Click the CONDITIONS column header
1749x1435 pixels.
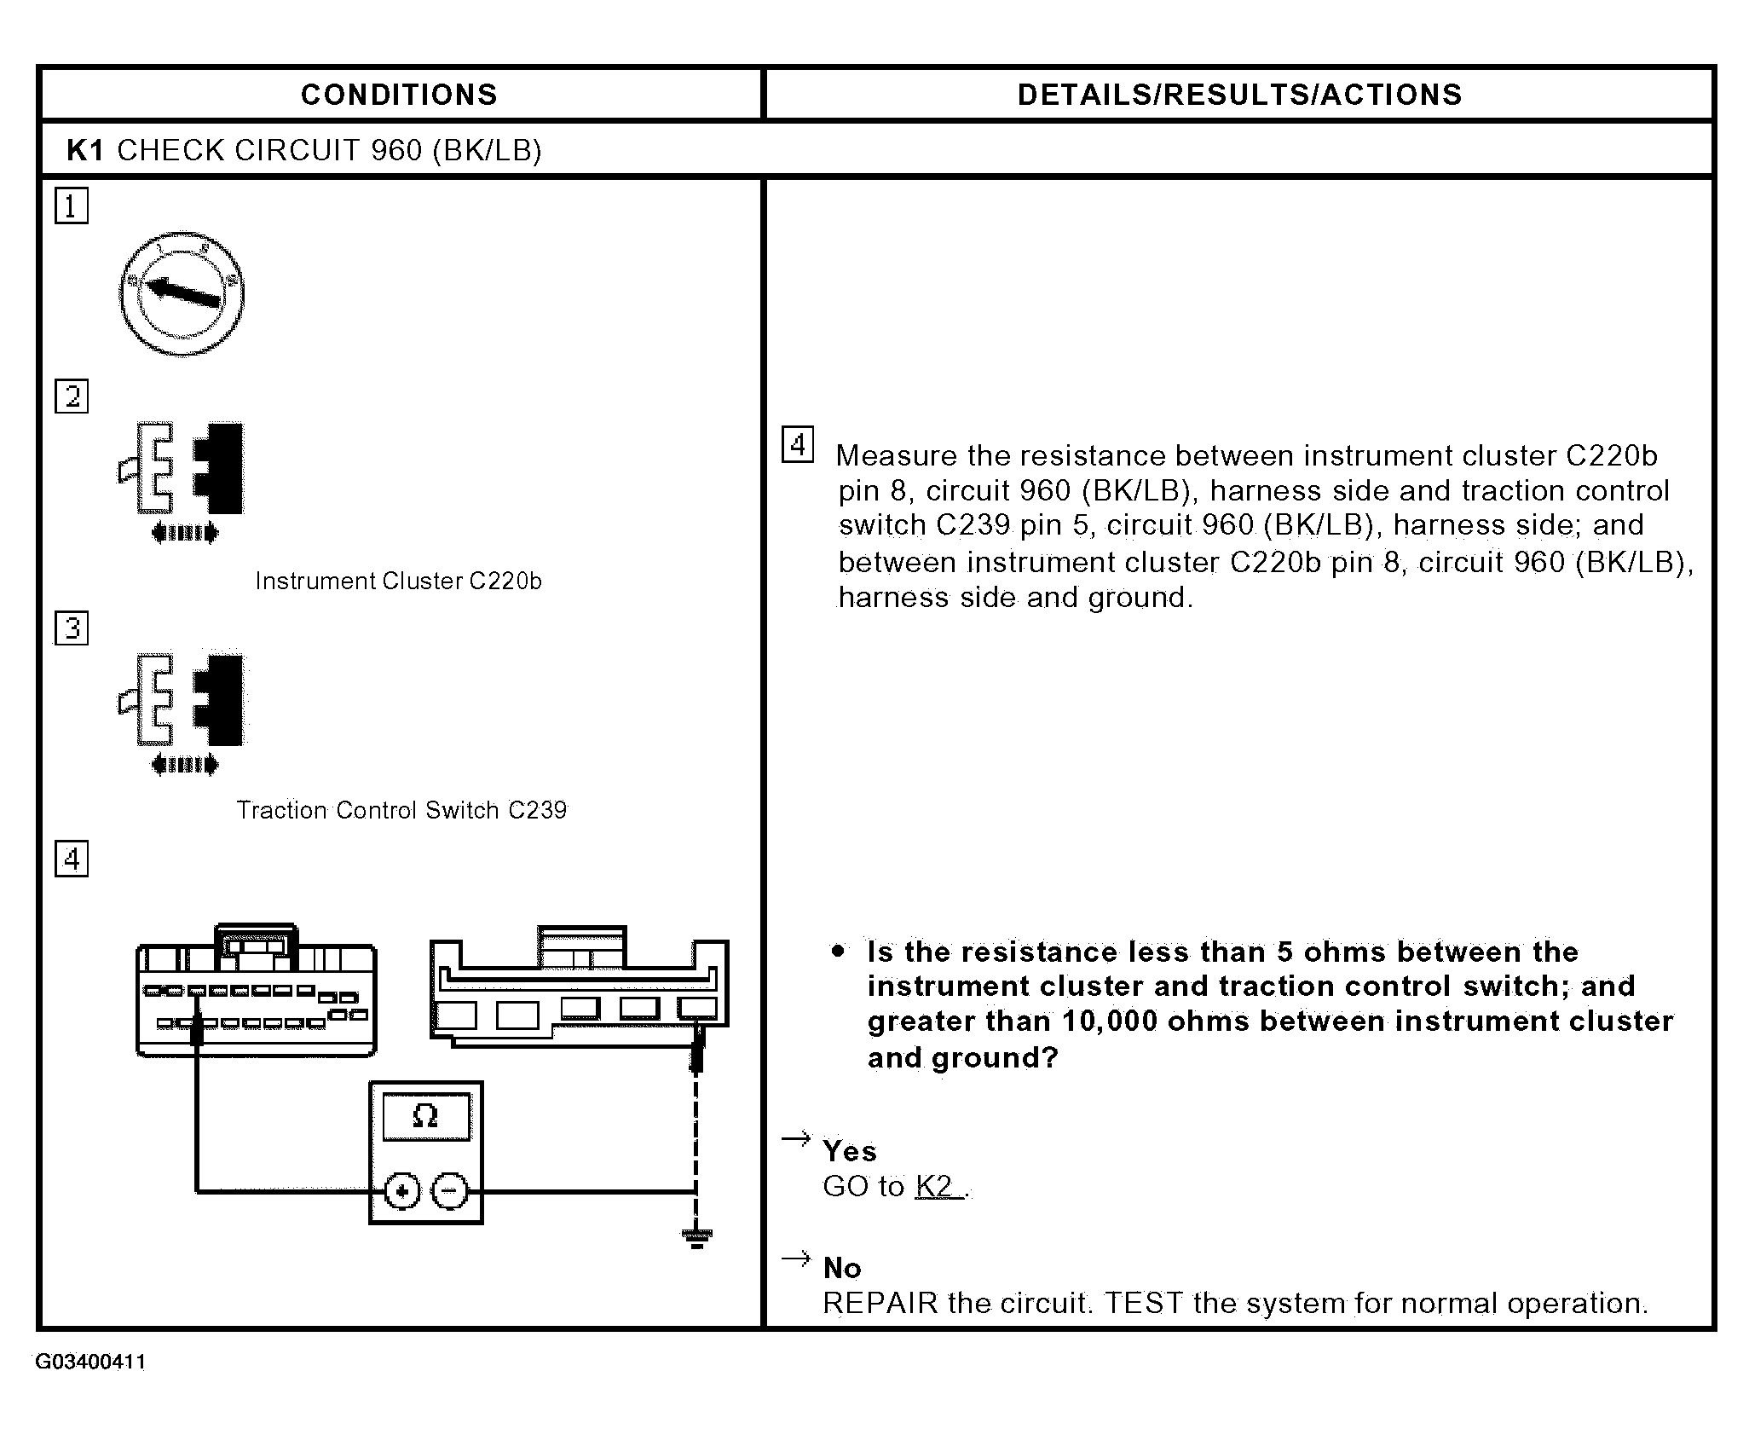pyautogui.click(x=399, y=95)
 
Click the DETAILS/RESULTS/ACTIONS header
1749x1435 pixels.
pyautogui.click(x=1239, y=95)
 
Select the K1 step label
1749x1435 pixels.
pyautogui.click(x=84, y=150)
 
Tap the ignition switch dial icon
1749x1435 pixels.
pyautogui.click(x=182, y=292)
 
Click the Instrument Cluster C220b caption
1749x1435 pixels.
pyautogui.click(x=398, y=582)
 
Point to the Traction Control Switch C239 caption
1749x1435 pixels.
pyautogui.click(x=401, y=810)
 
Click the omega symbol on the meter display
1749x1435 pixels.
pyautogui.click(x=424, y=1117)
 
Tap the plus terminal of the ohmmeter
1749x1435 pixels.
pyautogui.click(x=401, y=1191)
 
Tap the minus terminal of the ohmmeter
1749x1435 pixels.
pyautogui.click(x=450, y=1191)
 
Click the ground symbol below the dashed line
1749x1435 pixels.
pyautogui.click(x=696, y=1238)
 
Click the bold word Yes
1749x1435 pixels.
pyautogui.click(x=849, y=1152)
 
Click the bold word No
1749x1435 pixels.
pyautogui.click(x=842, y=1269)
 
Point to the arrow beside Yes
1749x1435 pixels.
pyautogui.click(x=796, y=1139)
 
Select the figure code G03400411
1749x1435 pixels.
pyautogui.click(x=90, y=1363)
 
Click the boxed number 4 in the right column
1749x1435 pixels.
pyautogui.click(x=798, y=444)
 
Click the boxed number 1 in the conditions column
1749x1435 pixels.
pyautogui.click(x=72, y=206)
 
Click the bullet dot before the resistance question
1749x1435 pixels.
pyautogui.click(x=840, y=951)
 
